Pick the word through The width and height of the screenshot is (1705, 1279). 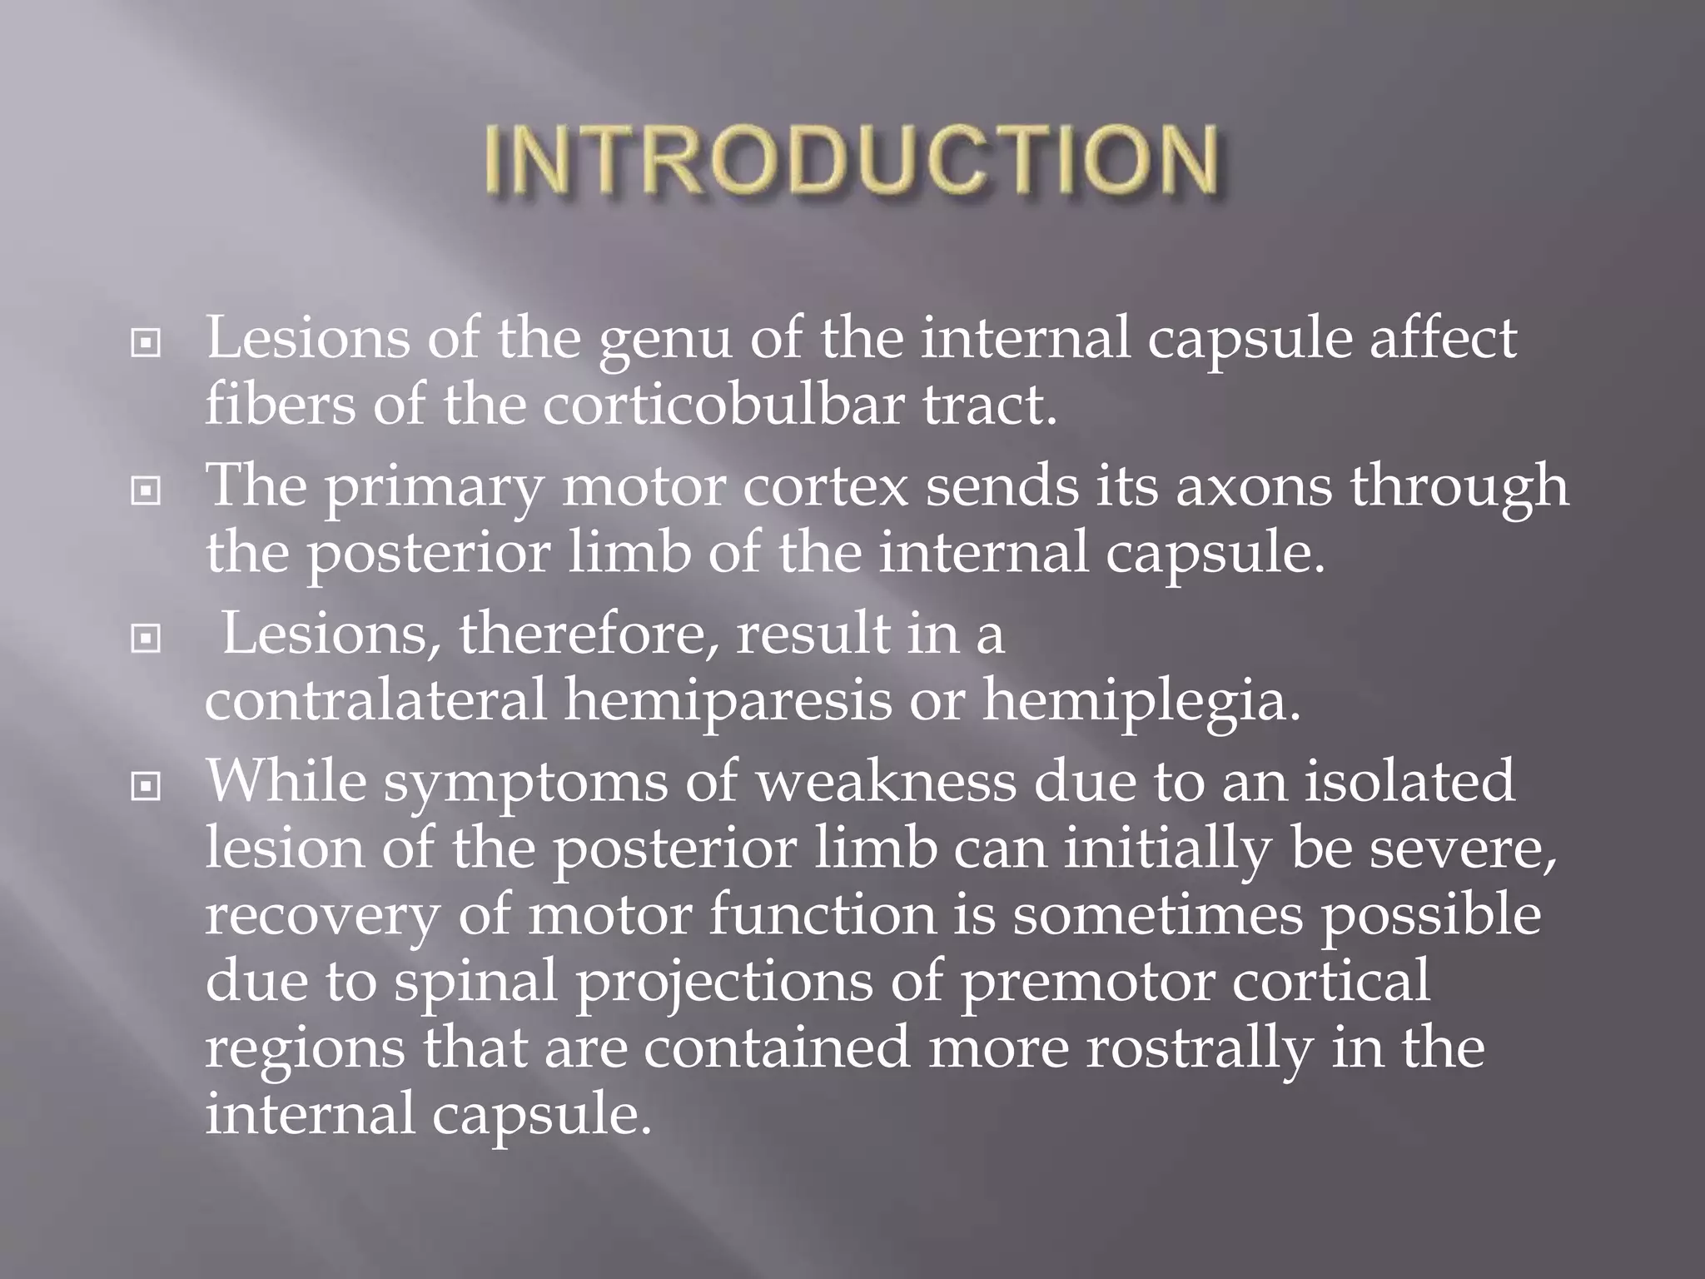click(1459, 489)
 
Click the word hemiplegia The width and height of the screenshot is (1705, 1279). click(1141, 701)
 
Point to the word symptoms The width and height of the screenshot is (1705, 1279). click(525, 785)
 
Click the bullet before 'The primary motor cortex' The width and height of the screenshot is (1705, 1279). click(146, 491)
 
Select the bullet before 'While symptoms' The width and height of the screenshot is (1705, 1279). click(146, 785)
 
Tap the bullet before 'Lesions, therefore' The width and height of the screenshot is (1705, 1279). click(146, 639)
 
